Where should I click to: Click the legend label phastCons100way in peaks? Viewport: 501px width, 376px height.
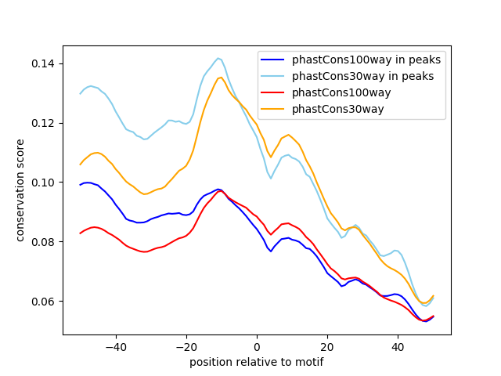[x=366, y=60]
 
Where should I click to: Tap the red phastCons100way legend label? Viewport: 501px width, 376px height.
[x=343, y=92]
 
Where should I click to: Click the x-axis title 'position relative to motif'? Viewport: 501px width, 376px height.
[x=257, y=362]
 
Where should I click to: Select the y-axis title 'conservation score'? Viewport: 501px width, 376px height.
[x=21, y=190]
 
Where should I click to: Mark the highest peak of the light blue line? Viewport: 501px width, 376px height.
[x=218, y=58]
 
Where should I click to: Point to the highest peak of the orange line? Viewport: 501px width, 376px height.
[x=221, y=77]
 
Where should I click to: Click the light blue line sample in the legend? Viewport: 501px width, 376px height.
[x=274, y=76]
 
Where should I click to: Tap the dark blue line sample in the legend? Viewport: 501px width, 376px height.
[x=274, y=60]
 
